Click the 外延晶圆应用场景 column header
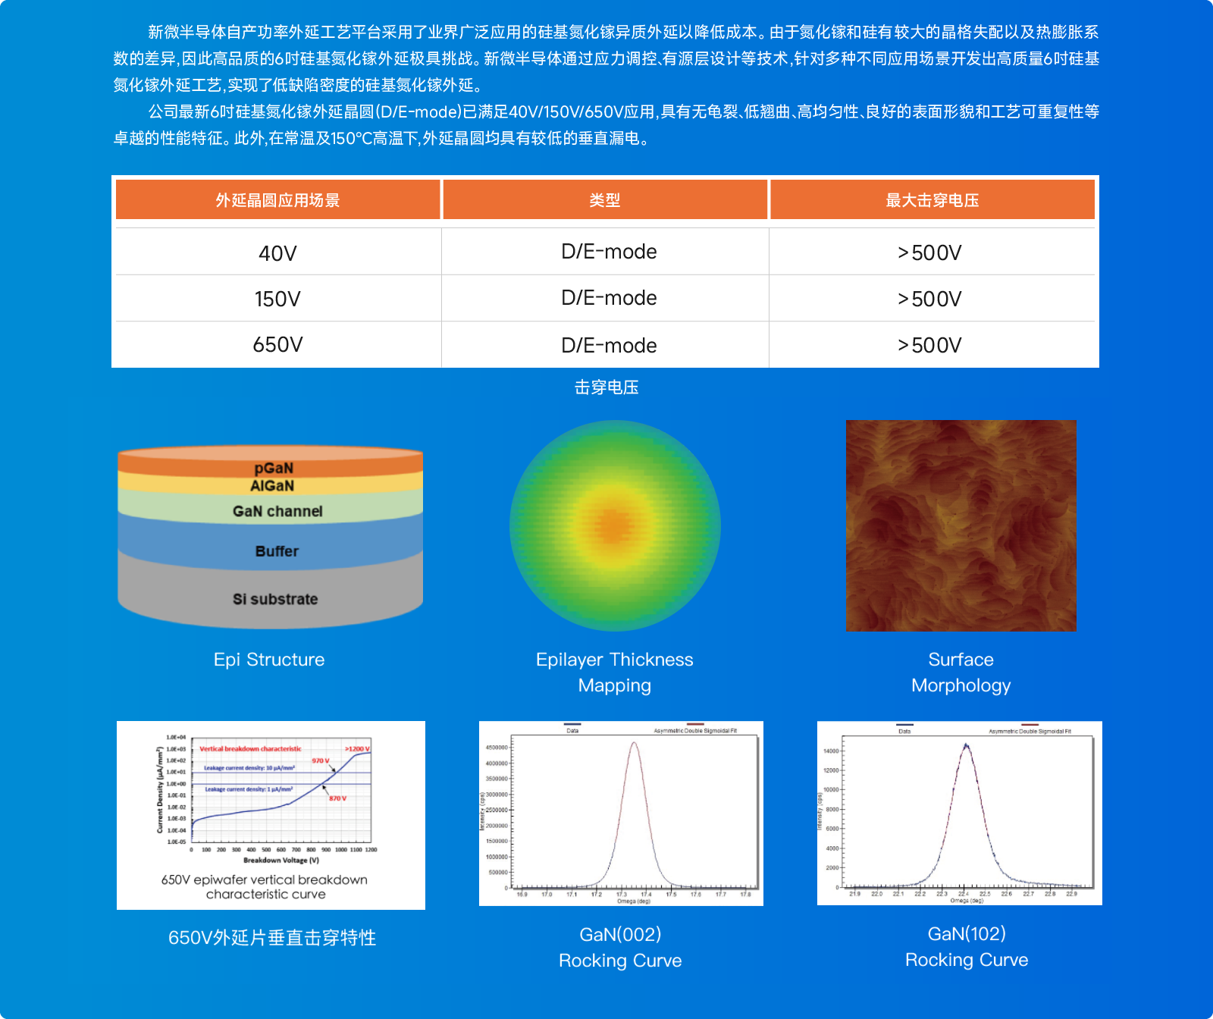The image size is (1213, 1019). pos(277,200)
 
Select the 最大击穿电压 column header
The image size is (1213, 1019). pos(932,200)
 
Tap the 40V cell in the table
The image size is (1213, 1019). pos(277,253)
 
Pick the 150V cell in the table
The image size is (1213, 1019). pos(277,299)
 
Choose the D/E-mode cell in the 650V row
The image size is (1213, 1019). pos(609,345)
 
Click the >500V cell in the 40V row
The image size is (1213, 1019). pos(929,252)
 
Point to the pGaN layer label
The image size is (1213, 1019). pos(274,468)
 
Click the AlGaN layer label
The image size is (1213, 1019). pos(272,486)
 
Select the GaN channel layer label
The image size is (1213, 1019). pos(277,511)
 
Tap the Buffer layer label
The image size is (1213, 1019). pos(277,551)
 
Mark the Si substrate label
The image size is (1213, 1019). pos(275,599)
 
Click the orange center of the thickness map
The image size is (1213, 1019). pos(614,525)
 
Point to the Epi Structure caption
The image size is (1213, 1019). pos(269,660)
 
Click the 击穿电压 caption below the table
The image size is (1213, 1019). pos(606,387)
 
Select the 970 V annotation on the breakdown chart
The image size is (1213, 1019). pos(321,760)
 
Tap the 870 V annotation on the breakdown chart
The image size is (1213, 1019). pos(337,798)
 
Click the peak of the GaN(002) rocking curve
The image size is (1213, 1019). pos(634,743)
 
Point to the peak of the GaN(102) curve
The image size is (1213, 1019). pos(966,746)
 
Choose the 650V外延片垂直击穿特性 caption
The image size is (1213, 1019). pos(272,938)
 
